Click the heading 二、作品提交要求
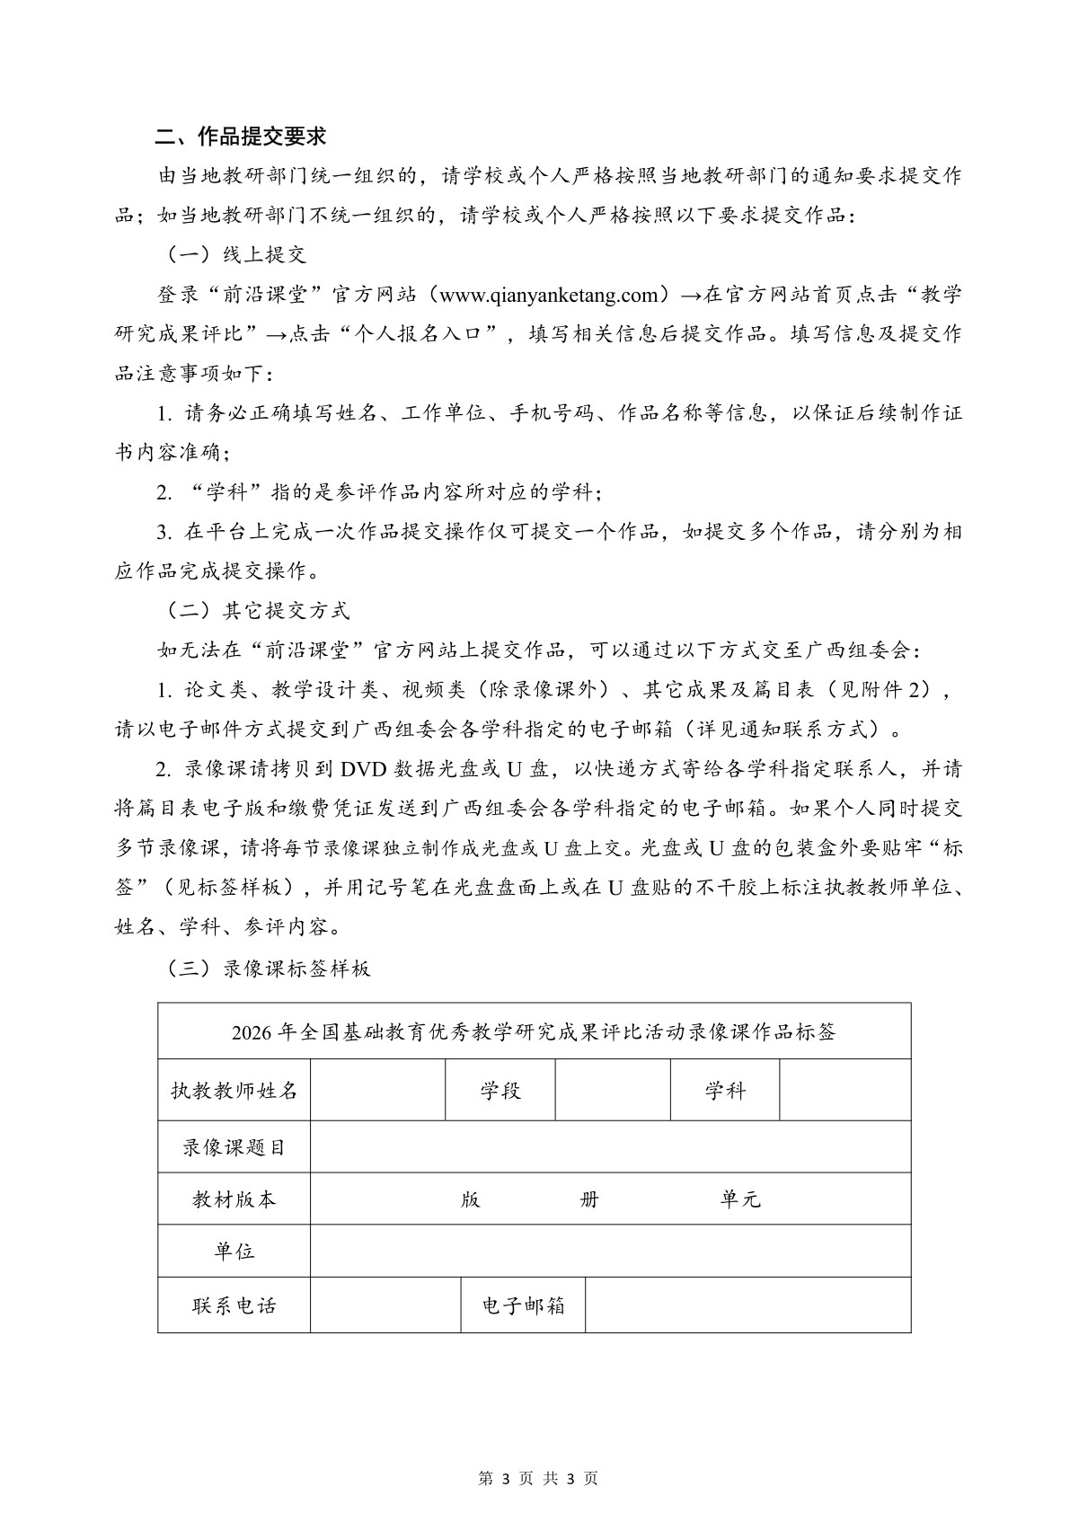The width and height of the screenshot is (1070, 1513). (241, 137)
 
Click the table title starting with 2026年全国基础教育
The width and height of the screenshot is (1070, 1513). (534, 1031)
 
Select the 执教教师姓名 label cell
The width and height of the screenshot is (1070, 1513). (234, 1091)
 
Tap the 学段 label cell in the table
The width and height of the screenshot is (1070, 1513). (500, 1091)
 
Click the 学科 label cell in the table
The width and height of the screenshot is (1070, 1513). (724, 1091)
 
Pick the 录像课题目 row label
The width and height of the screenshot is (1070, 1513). (234, 1146)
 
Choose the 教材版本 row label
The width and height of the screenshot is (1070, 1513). (234, 1199)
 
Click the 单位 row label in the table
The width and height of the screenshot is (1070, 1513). (234, 1251)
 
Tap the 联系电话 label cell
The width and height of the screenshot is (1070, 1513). (234, 1305)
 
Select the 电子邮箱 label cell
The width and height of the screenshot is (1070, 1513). (523, 1305)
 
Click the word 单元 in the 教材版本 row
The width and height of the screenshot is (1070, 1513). (739, 1199)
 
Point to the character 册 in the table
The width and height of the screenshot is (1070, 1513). (589, 1199)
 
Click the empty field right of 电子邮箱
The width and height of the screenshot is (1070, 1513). (747, 1305)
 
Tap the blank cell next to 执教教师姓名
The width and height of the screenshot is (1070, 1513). (377, 1091)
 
